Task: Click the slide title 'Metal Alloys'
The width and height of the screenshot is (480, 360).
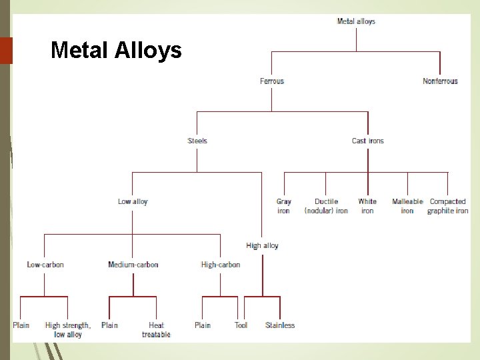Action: tap(116, 50)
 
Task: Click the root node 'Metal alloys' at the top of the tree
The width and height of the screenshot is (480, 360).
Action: tap(356, 21)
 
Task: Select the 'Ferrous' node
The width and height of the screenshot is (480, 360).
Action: tap(271, 81)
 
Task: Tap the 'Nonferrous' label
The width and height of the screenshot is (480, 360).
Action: tap(440, 81)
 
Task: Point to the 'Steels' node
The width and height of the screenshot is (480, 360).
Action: tap(197, 141)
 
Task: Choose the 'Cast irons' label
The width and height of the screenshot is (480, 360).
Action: tap(367, 141)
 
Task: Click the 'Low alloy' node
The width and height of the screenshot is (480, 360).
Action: tap(133, 201)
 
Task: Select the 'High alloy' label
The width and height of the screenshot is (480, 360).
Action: tap(262, 245)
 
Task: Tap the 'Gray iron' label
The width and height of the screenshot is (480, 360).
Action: tap(283, 206)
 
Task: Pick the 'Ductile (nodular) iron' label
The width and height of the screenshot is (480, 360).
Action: tap(326, 206)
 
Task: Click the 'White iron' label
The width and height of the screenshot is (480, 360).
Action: tap(367, 206)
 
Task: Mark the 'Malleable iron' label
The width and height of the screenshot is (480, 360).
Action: tap(407, 206)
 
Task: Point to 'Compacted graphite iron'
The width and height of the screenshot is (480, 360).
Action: tap(447, 206)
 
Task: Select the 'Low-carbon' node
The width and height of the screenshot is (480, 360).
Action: tap(45, 265)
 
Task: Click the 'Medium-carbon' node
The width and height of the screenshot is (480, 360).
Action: tap(133, 265)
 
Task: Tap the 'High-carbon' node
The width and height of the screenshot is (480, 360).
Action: tap(221, 265)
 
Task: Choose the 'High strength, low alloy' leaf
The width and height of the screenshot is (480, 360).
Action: tap(68, 330)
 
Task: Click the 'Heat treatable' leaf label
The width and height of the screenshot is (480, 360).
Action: tap(156, 330)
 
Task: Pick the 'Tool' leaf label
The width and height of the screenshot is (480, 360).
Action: tap(241, 325)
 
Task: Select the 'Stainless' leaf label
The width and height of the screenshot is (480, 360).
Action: tap(280, 325)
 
